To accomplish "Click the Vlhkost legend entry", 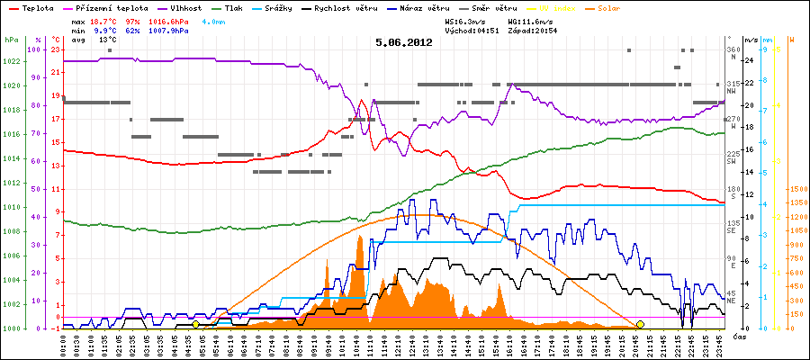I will point(183,7).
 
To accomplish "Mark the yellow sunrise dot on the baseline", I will point(196,324).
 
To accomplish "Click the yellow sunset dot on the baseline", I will point(640,324).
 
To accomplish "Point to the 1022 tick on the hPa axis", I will point(11,61).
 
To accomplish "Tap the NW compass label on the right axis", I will point(733,90).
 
